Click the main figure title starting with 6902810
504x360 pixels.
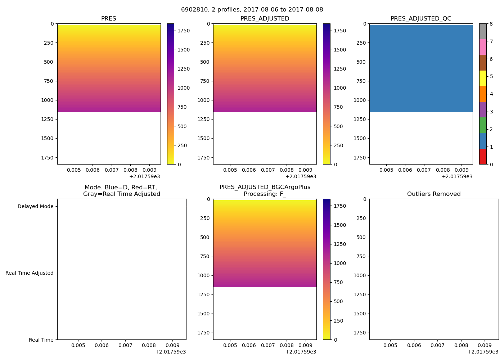[x=252, y=10]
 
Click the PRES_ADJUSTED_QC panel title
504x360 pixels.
[x=421, y=19]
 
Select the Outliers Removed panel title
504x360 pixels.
[x=434, y=194]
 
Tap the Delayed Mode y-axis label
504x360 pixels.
[x=35, y=207]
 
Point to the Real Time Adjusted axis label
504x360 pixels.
[x=30, y=273]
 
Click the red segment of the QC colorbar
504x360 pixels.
[x=483, y=157]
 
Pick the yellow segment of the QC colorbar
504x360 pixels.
[x=483, y=78]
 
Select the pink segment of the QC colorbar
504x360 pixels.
[x=483, y=47]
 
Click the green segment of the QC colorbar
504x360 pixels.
[x=483, y=125]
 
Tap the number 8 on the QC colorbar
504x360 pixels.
[x=491, y=24]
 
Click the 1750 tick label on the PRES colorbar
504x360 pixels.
[x=184, y=31]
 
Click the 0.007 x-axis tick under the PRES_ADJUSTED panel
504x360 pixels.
[x=268, y=170]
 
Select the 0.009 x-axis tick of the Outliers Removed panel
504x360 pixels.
[x=485, y=345]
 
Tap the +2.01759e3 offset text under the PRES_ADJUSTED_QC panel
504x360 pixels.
[x=457, y=176]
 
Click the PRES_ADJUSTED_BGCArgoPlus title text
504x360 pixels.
[x=265, y=187]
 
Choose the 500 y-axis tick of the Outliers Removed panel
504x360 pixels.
[x=361, y=237]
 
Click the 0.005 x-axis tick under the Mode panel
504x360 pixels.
[x=78, y=345]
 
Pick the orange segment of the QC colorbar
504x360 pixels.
[x=483, y=94]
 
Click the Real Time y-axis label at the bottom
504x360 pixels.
[x=41, y=340]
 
